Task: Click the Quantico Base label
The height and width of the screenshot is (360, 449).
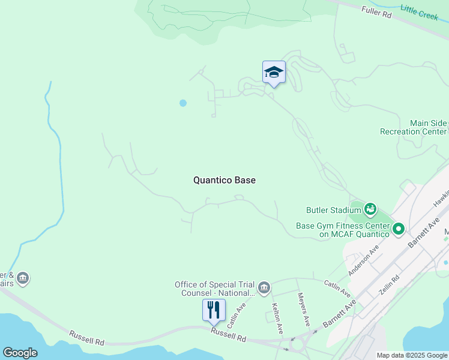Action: click(x=224, y=180)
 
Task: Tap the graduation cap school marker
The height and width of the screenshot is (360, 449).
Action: click(x=274, y=73)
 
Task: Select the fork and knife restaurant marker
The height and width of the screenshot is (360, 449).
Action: click(x=214, y=311)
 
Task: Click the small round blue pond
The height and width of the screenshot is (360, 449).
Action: click(x=183, y=103)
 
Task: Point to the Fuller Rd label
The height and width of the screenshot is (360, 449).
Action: click(x=376, y=11)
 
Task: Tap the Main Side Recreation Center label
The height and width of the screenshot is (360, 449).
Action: click(x=414, y=127)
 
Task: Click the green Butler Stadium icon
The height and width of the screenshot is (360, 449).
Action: click(x=370, y=209)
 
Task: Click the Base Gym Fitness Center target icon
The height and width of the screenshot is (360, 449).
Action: click(x=398, y=229)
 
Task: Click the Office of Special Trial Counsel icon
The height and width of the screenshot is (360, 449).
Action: click(x=264, y=289)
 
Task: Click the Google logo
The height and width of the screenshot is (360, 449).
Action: click(x=20, y=353)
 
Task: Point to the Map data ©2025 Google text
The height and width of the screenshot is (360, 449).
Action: click(x=412, y=355)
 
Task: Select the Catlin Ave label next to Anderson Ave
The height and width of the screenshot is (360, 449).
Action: click(x=337, y=289)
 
